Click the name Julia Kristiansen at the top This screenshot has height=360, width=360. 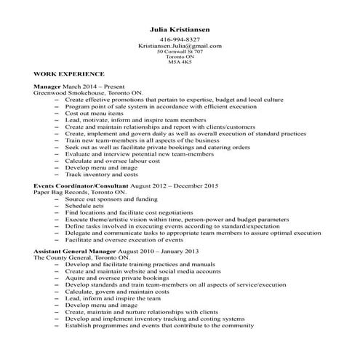tap(180, 29)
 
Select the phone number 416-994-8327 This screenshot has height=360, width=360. tap(180, 39)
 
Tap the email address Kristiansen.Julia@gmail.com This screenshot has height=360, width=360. tap(180, 46)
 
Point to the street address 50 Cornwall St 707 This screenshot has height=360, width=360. tap(180, 52)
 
